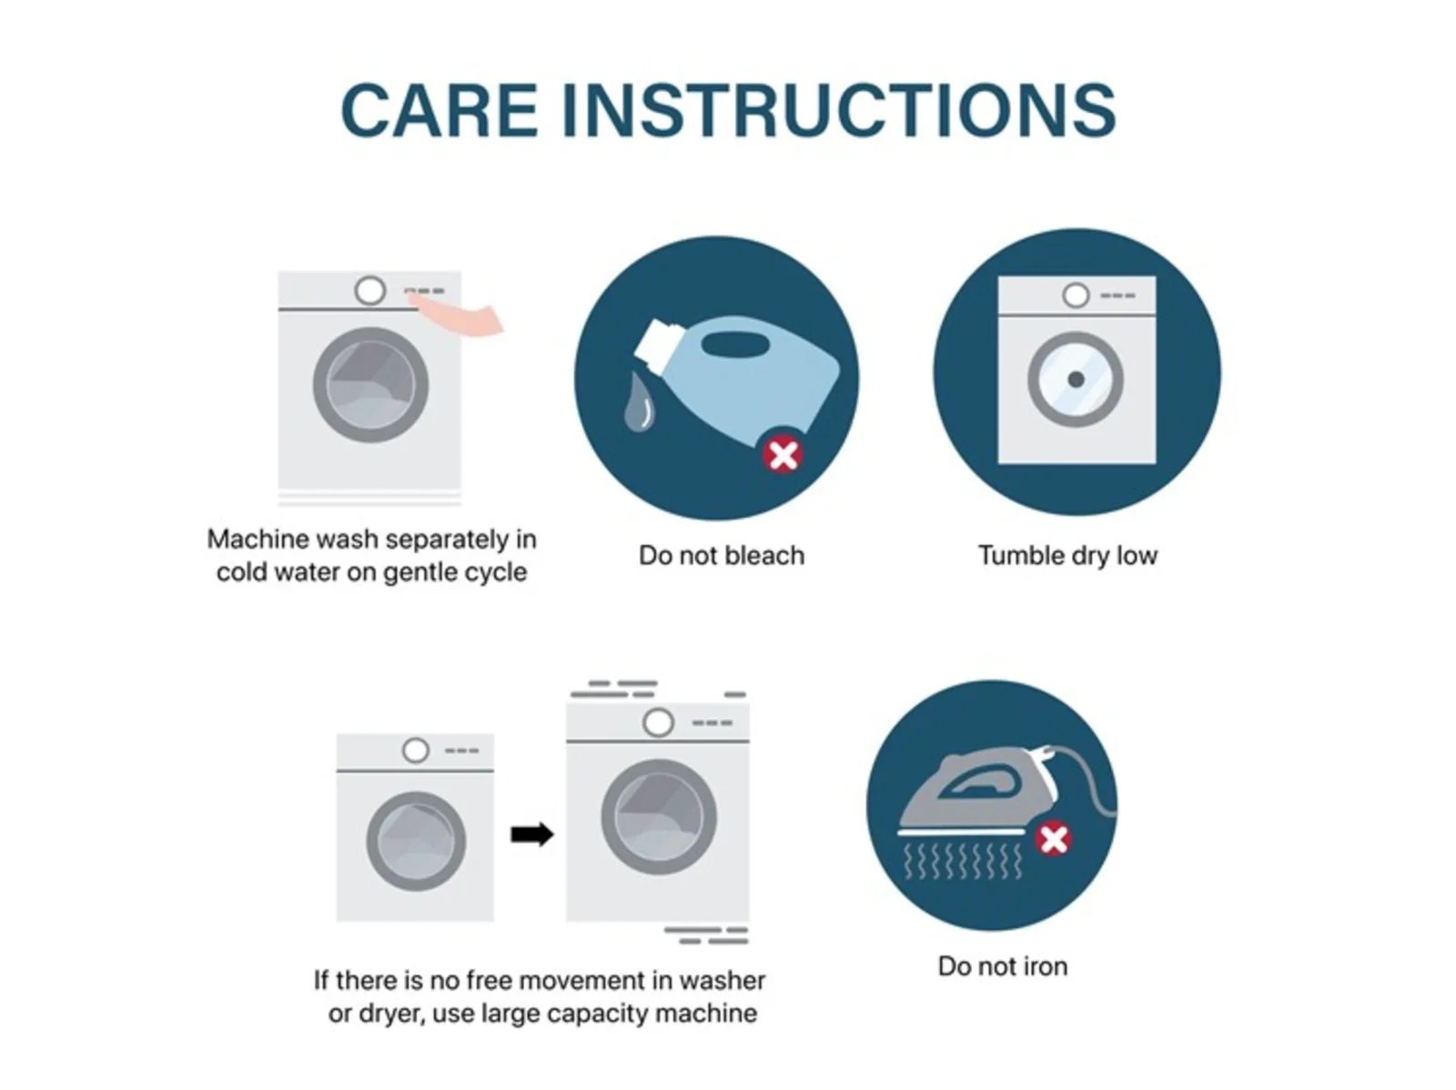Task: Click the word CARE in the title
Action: (439, 110)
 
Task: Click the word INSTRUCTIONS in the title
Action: (839, 110)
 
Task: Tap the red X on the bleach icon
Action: (783, 456)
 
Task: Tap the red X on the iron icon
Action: (1054, 840)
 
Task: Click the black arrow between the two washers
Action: (532, 834)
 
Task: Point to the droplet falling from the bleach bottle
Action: (640, 402)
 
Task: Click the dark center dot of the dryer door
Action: (1076, 380)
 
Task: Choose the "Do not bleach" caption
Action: (722, 556)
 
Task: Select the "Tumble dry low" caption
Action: (1068, 556)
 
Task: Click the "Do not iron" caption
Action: (1002, 966)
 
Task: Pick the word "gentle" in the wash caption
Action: (425, 572)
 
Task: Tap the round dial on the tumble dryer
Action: (1076, 295)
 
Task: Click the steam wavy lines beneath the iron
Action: (963, 862)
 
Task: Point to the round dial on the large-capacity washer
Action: (658, 722)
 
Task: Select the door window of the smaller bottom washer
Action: (416, 842)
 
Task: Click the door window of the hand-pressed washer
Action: (370, 385)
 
